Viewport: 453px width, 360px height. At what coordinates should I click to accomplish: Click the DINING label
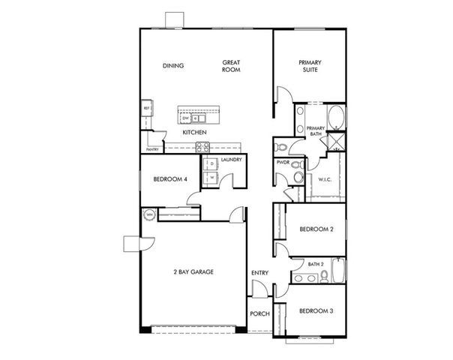[x=173, y=65]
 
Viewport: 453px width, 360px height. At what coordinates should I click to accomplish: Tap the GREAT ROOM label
[x=230, y=65]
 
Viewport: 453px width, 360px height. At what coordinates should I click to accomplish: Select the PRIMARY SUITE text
[x=310, y=65]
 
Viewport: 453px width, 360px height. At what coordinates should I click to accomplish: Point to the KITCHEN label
[x=194, y=133]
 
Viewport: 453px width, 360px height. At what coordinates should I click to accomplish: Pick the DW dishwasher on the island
[x=184, y=118]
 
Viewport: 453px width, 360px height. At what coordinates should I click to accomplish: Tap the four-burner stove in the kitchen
[x=201, y=145]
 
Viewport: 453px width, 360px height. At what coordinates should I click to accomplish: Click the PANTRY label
[x=151, y=149]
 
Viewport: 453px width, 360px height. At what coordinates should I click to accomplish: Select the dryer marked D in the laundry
[x=211, y=163]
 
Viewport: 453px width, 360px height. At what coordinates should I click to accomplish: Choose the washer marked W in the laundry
[x=211, y=177]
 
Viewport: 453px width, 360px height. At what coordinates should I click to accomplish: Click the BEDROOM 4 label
[x=169, y=179]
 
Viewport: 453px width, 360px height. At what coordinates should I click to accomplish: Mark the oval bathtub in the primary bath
[x=335, y=118]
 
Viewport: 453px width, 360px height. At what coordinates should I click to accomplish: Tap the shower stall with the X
[x=337, y=142]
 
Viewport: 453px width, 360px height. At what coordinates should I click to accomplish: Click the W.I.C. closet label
[x=325, y=179]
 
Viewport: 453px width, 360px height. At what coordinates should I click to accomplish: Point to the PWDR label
[x=283, y=161]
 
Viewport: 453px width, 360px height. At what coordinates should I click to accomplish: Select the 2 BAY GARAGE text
[x=193, y=271]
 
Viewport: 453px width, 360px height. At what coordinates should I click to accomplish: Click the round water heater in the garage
[x=149, y=216]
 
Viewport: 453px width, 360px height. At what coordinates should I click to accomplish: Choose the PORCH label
[x=259, y=314]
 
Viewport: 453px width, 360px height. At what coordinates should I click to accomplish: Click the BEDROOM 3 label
[x=316, y=310]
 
